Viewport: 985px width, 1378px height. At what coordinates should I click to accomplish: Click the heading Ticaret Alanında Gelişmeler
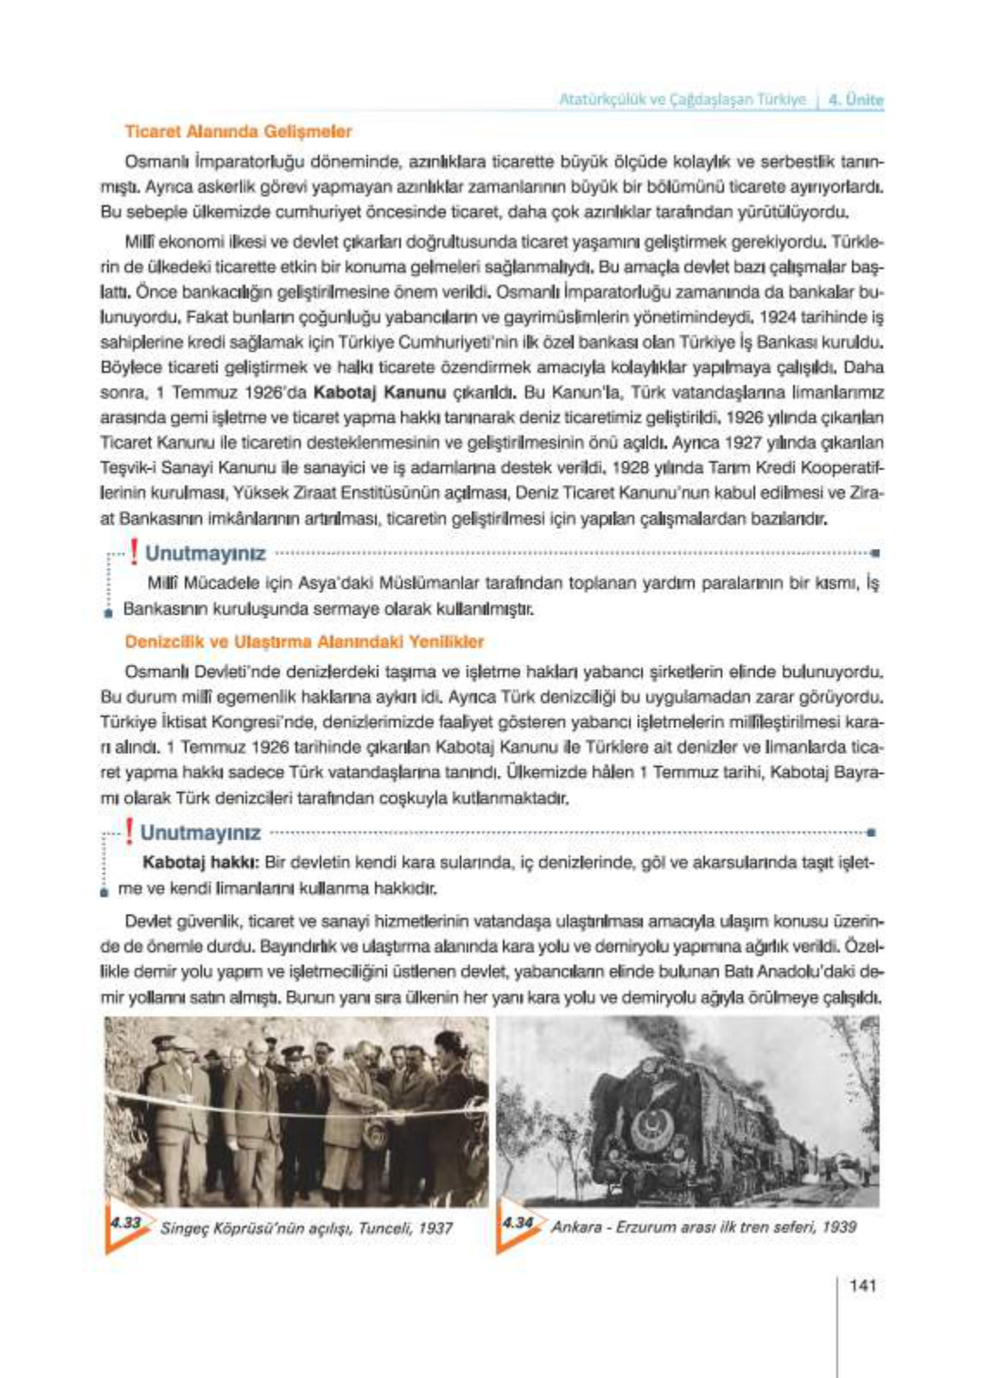pyautogui.click(x=238, y=131)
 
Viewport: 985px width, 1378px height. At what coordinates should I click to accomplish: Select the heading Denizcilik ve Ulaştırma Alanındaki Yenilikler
pyautogui.click(x=304, y=641)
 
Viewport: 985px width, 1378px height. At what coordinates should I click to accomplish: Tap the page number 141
pyautogui.click(x=863, y=1285)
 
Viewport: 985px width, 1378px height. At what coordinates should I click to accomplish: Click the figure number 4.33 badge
pyautogui.click(x=125, y=1224)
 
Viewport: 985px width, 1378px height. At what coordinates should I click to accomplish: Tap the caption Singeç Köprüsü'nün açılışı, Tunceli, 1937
pyautogui.click(x=307, y=1228)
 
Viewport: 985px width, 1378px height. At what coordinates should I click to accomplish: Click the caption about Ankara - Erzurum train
pyautogui.click(x=703, y=1227)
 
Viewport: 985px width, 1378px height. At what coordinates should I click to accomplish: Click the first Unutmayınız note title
pyautogui.click(x=205, y=553)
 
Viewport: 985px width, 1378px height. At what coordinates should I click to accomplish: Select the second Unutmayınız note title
pyautogui.click(x=200, y=833)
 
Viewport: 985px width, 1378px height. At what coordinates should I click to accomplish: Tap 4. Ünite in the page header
pyautogui.click(x=855, y=99)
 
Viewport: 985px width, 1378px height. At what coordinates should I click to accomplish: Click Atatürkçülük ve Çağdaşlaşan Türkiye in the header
pyautogui.click(x=682, y=99)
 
